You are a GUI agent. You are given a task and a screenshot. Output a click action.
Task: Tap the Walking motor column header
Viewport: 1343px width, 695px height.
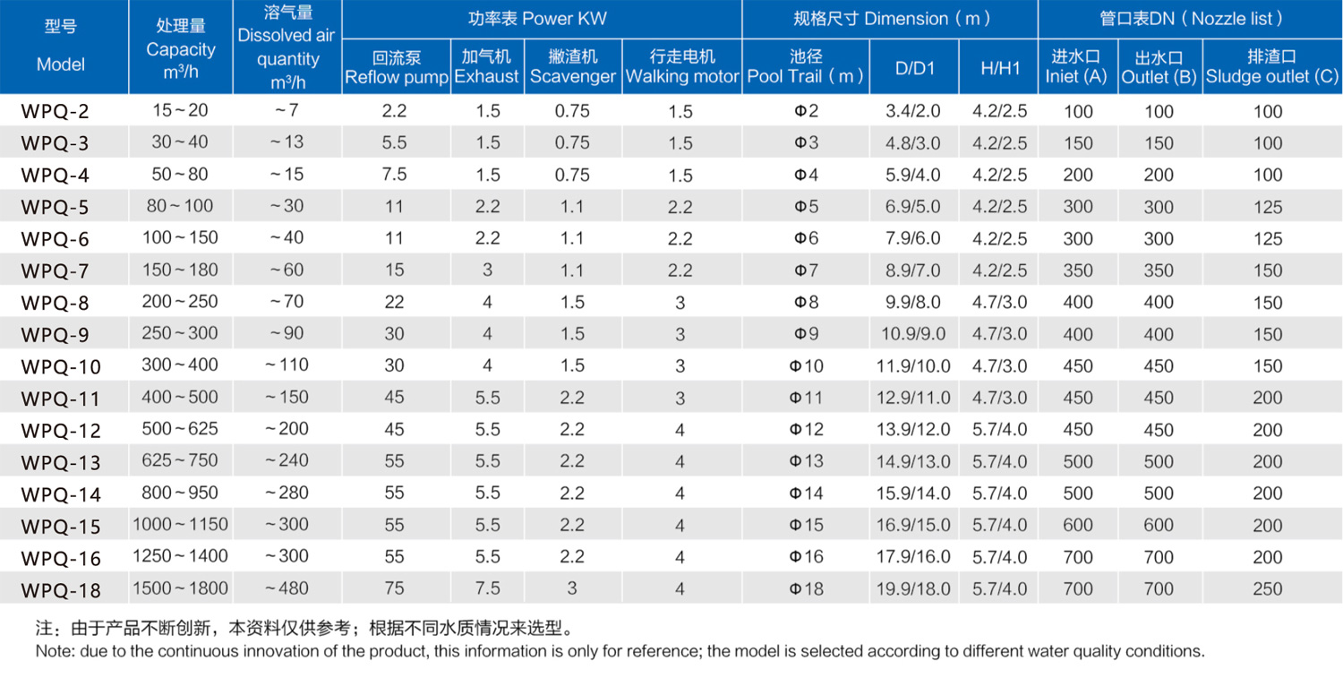tap(682, 67)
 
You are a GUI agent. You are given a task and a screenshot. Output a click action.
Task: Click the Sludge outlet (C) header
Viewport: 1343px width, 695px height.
tap(1271, 67)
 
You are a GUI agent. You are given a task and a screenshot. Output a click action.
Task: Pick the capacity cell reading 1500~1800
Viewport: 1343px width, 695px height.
tap(180, 588)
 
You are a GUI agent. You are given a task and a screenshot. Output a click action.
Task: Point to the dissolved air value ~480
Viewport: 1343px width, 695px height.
tap(287, 588)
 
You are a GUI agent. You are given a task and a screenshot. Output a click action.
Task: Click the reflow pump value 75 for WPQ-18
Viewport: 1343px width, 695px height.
tap(394, 588)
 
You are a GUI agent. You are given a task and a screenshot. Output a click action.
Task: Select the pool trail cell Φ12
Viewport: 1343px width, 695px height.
tap(806, 429)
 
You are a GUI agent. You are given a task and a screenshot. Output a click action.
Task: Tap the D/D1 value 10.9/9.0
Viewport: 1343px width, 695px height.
tap(913, 334)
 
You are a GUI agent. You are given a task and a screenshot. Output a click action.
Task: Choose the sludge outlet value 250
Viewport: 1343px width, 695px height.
tap(1268, 588)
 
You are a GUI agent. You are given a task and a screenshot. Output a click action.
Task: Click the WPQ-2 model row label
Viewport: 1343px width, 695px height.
tap(56, 112)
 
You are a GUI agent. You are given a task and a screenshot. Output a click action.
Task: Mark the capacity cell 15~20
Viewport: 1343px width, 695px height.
tap(180, 111)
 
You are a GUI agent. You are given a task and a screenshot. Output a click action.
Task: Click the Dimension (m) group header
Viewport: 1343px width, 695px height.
tap(891, 19)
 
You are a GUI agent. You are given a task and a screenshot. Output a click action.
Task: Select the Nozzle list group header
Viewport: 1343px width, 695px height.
tap(1192, 19)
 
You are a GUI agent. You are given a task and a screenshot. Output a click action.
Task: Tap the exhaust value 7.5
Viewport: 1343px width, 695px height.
tap(487, 588)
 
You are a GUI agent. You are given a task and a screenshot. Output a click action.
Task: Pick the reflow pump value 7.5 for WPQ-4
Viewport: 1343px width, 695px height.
tap(394, 175)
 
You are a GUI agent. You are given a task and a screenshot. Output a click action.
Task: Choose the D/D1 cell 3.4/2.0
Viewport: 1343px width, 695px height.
tap(913, 112)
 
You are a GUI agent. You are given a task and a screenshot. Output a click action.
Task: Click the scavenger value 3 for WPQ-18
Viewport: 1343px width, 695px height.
tap(572, 588)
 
